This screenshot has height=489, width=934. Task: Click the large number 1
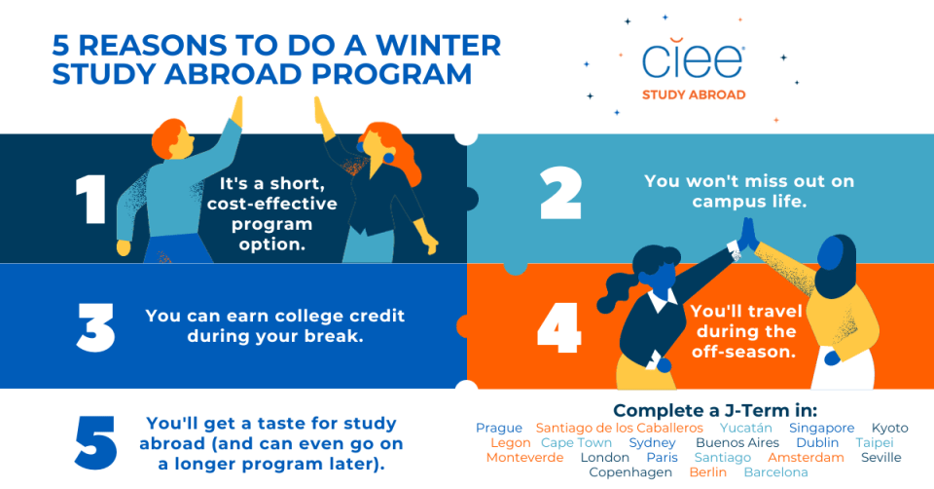[x=90, y=201]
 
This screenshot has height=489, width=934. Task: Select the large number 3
[x=95, y=326]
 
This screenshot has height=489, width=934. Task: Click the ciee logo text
[x=693, y=60]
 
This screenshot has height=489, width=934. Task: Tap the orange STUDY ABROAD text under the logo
[x=694, y=94]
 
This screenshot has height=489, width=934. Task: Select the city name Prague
[x=499, y=428]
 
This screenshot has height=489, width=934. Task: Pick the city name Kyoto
[x=889, y=428]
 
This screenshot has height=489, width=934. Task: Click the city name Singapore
[x=821, y=428]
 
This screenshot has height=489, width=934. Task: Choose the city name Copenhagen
[x=630, y=472]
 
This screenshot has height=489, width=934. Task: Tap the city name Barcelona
[x=775, y=472]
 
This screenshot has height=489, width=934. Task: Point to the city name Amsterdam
[x=806, y=458]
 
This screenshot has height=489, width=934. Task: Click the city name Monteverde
[x=524, y=458]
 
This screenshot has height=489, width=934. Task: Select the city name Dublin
[x=817, y=443]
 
